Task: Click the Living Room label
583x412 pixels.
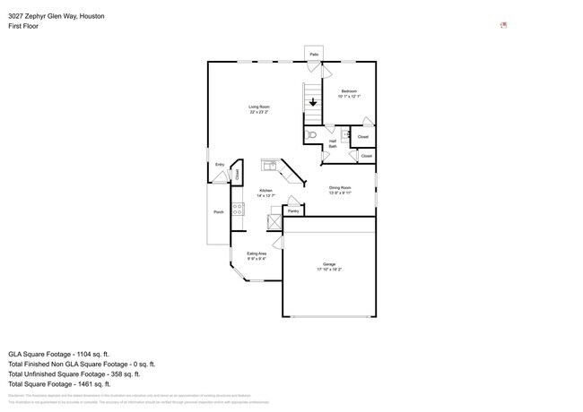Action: point(259,107)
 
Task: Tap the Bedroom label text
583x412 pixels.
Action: point(348,91)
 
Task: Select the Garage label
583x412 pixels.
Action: point(329,264)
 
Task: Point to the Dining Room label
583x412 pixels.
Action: point(340,187)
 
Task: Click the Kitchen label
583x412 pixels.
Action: point(265,191)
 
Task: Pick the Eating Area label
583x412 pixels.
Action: point(257,253)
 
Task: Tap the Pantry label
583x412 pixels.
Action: point(293,210)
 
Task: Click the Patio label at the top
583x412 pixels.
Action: point(314,55)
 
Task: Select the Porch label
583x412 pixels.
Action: point(218,212)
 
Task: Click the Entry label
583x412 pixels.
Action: point(220,165)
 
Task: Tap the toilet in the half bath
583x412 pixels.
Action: point(311,134)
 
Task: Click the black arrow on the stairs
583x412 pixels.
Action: point(312,101)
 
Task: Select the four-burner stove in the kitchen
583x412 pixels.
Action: point(238,209)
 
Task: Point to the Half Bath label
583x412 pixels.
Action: point(333,143)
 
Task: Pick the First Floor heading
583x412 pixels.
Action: point(23,26)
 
